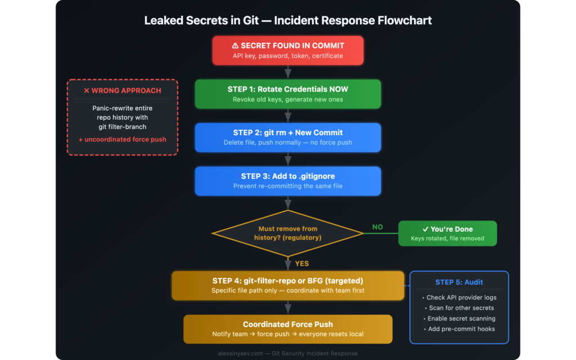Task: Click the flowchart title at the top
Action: [288, 21]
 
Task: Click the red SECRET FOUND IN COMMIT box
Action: [288, 51]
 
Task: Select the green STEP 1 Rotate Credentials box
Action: [288, 94]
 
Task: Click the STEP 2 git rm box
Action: [288, 137]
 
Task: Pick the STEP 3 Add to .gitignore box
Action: [288, 181]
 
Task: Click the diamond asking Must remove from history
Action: [288, 233]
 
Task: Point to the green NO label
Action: [377, 227]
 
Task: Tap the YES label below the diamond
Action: [301, 263]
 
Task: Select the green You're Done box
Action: [448, 233]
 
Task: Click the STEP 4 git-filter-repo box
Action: [288, 285]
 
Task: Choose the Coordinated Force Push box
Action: [288, 329]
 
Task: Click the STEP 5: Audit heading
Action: [459, 282]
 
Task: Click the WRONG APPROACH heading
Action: [122, 91]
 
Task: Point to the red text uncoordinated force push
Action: [122, 139]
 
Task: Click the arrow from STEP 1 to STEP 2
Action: [288, 116]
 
